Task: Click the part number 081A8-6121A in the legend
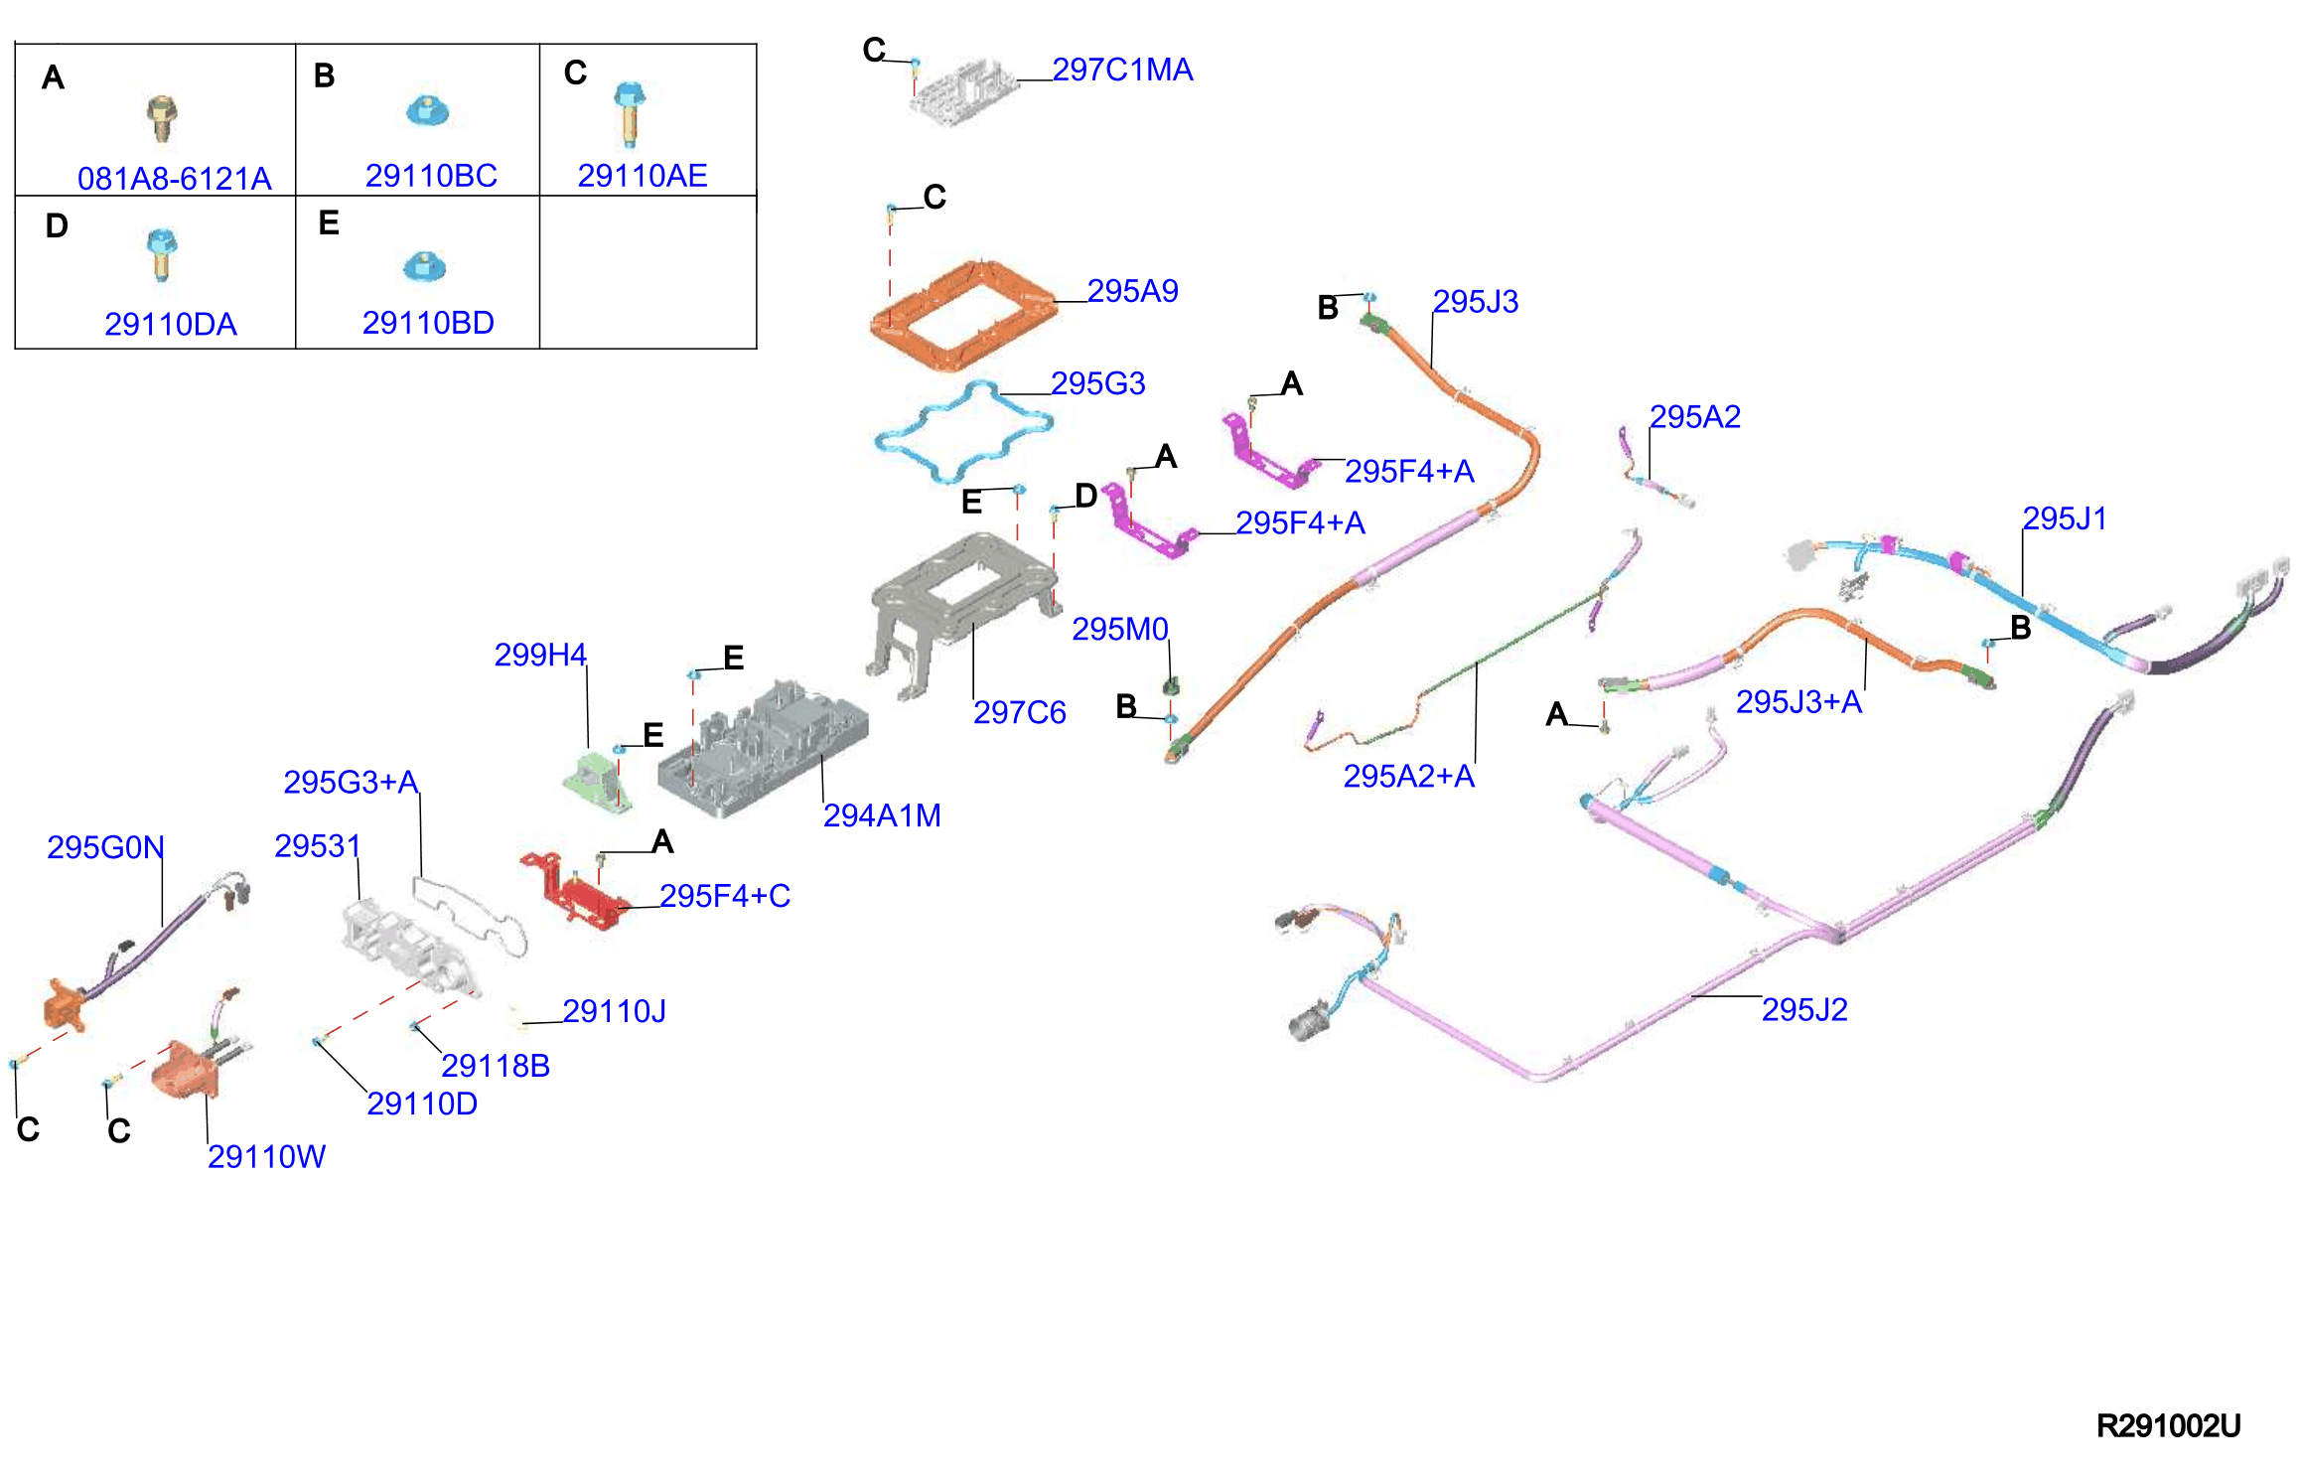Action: click(x=175, y=179)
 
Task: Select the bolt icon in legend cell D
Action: click(x=161, y=255)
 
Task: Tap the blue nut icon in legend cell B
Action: click(x=427, y=109)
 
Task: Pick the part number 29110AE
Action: click(x=643, y=176)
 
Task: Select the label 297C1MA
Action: click(x=1122, y=70)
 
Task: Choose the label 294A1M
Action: click(x=882, y=815)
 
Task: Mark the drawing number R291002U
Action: click(x=2168, y=1426)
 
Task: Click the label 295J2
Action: click(x=1804, y=1010)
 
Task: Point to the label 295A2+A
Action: click(x=1408, y=776)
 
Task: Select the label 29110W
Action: click(x=266, y=1156)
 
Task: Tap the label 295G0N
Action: click(x=105, y=847)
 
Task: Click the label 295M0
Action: click(x=1119, y=629)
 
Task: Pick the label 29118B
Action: click(x=495, y=1066)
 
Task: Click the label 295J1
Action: click(x=2065, y=518)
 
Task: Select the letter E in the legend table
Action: click(x=329, y=222)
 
